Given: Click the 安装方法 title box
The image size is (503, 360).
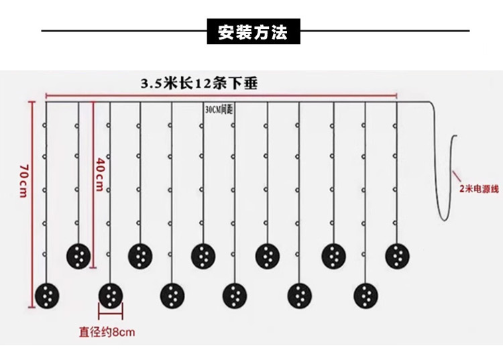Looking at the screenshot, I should click(253, 32).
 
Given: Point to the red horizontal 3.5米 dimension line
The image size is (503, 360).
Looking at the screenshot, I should click(221, 95).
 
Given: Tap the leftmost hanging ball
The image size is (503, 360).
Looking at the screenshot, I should click(47, 294).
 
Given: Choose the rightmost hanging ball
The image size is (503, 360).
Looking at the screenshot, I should click(397, 255).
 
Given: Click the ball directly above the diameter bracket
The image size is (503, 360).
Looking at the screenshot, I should click(111, 294).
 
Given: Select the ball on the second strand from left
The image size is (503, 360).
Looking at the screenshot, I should click(78, 255).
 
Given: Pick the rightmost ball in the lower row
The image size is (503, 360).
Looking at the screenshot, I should click(366, 294).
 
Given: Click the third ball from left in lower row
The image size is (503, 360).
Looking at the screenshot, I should click(172, 294).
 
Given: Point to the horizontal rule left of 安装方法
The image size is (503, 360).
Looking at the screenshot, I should click(125, 31).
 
